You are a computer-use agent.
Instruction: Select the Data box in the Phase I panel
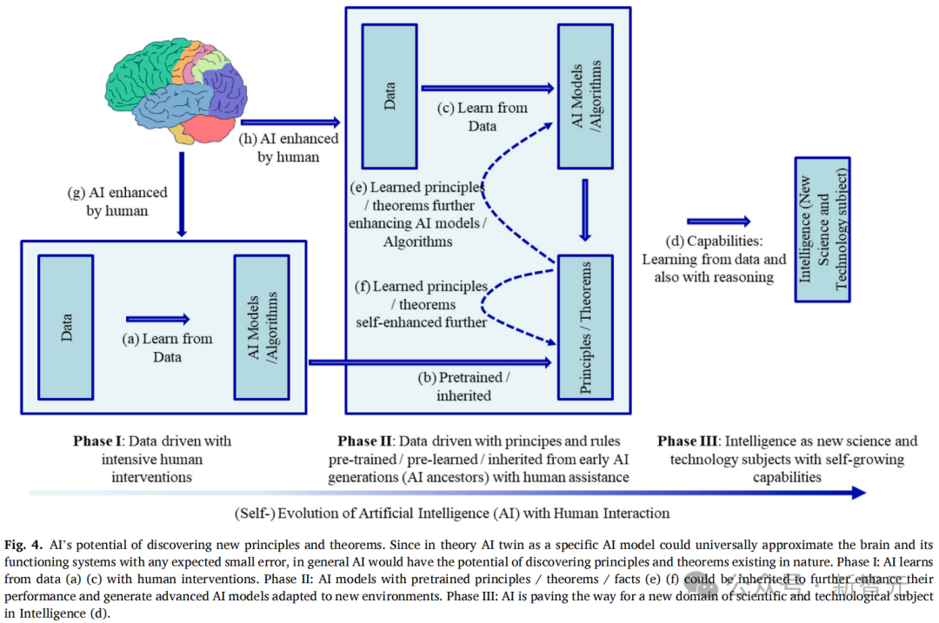pyautogui.click(x=66, y=328)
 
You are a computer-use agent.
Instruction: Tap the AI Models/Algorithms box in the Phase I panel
pyautogui.click(x=262, y=328)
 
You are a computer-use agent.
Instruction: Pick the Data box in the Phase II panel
pyautogui.click(x=390, y=96)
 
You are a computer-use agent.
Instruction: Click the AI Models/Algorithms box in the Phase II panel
pyautogui.click(x=585, y=96)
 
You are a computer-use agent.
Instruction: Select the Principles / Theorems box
pyautogui.click(x=585, y=328)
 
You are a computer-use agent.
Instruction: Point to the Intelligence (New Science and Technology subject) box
pyautogui.click(x=822, y=229)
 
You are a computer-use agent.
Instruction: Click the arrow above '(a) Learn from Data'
pyautogui.click(x=158, y=319)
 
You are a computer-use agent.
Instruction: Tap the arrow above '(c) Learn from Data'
pyautogui.click(x=488, y=88)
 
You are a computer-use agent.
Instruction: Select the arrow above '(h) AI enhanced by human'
pyautogui.click(x=291, y=123)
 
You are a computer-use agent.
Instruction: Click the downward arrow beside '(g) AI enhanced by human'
pyautogui.click(x=182, y=195)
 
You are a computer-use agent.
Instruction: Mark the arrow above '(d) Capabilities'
pyautogui.click(x=719, y=222)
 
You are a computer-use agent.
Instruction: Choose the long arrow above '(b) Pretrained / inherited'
pyautogui.click(x=430, y=362)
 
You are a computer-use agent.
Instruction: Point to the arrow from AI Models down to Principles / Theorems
pyautogui.click(x=585, y=210)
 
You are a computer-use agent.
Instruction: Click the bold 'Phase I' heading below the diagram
pyautogui.click(x=97, y=441)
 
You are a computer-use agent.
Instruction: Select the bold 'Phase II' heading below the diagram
pyautogui.click(x=364, y=441)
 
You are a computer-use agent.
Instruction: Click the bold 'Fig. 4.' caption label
pyautogui.click(x=23, y=545)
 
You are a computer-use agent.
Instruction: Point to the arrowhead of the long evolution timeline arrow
pyautogui.click(x=859, y=493)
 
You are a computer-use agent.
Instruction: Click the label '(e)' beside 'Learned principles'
pyautogui.click(x=358, y=188)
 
